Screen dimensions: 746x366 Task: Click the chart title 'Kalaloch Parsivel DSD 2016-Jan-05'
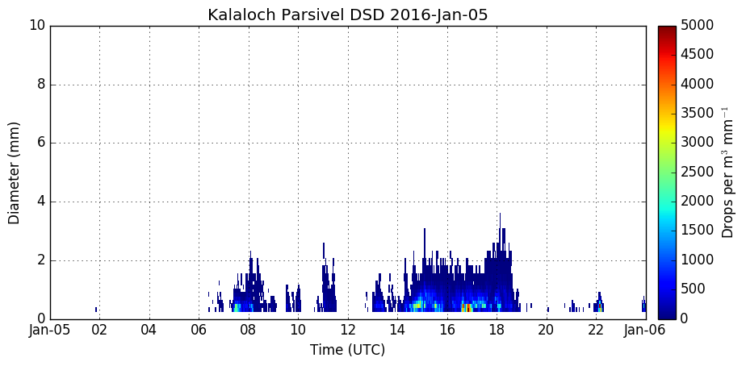pyautogui.click(x=348, y=15)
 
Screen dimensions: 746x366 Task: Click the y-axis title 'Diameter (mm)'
pyautogui.click(x=15, y=173)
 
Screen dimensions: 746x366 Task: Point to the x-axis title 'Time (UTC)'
pyautogui.click(x=348, y=350)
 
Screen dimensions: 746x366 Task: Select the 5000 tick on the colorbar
pyautogui.click(x=697, y=26)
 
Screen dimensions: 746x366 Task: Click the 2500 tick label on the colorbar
pyautogui.click(x=697, y=172)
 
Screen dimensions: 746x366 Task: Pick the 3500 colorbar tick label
pyautogui.click(x=697, y=113)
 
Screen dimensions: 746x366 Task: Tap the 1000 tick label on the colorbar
pyautogui.click(x=697, y=260)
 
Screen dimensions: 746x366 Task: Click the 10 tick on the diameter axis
pyautogui.click(x=38, y=26)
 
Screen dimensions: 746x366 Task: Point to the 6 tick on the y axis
pyautogui.click(x=41, y=143)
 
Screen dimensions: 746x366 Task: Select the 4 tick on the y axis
pyautogui.click(x=41, y=202)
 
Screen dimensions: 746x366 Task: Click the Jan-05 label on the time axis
pyautogui.click(x=50, y=330)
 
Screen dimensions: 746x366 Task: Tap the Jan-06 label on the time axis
pyautogui.click(x=646, y=330)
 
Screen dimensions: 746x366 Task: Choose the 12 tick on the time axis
pyautogui.click(x=348, y=330)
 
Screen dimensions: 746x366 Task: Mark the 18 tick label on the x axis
pyautogui.click(x=497, y=330)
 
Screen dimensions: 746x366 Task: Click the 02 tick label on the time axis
pyautogui.click(x=99, y=330)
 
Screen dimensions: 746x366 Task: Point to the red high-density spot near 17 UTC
pyautogui.click(x=467, y=307)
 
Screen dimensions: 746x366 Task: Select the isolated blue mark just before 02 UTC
pyautogui.click(x=95, y=310)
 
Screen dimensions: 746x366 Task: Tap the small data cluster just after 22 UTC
pyautogui.click(x=598, y=303)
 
